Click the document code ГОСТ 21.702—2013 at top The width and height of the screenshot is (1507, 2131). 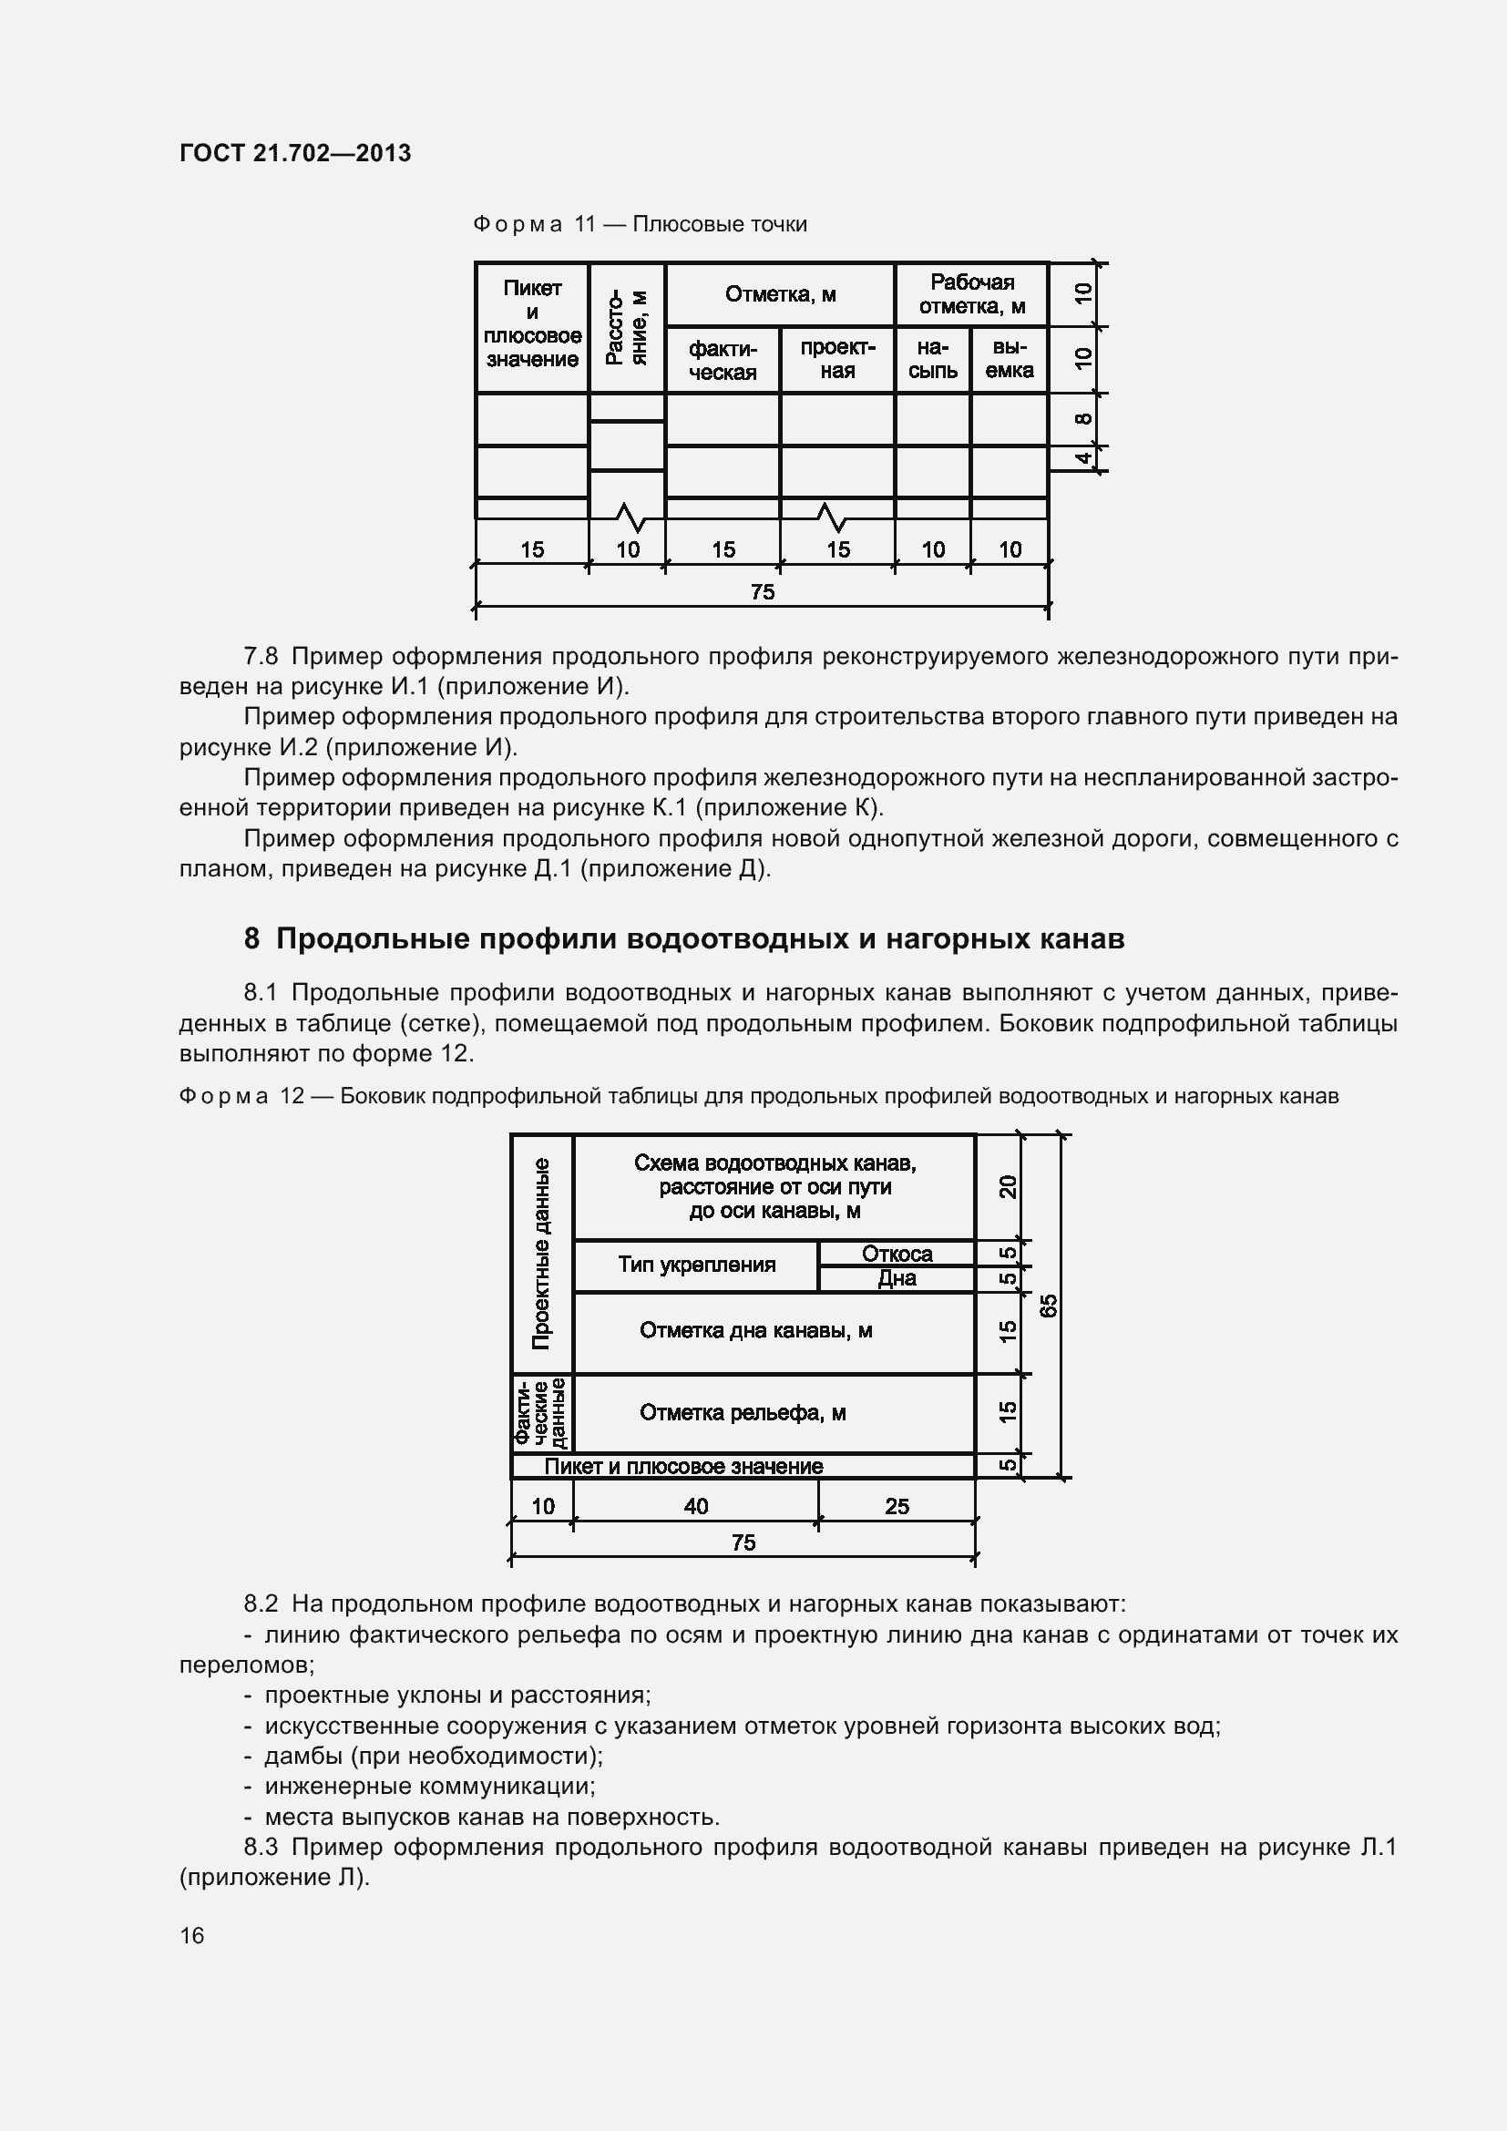[x=295, y=153]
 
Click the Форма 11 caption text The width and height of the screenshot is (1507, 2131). [x=640, y=225]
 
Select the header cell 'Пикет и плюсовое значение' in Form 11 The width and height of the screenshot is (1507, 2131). [x=532, y=324]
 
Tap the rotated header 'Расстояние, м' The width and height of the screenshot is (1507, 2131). [x=626, y=327]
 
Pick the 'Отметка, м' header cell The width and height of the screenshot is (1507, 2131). [x=780, y=295]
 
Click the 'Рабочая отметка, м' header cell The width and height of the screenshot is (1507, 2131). [x=970, y=294]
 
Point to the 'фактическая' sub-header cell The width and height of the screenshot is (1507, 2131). [x=722, y=360]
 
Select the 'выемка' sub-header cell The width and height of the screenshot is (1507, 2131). [x=1009, y=359]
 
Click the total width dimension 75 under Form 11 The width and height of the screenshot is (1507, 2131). [x=762, y=592]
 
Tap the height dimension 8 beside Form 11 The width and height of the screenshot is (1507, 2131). [x=1082, y=418]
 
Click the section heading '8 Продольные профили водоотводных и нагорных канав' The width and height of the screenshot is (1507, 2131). [x=684, y=939]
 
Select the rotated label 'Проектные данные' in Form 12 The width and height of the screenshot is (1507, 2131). [x=542, y=1253]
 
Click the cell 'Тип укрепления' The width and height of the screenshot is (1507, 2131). [x=696, y=1265]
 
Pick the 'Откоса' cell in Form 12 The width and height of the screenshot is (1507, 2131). [x=897, y=1254]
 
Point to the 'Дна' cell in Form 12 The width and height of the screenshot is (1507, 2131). [x=897, y=1279]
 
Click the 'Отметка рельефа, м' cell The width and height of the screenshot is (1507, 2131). [x=743, y=1413]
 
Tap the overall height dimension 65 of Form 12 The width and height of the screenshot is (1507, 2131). [x=1048, y=1305]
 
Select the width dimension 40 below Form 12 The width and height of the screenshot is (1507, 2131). [x=695, y=1506]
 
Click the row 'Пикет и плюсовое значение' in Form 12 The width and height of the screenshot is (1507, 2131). [x=683, y=1467]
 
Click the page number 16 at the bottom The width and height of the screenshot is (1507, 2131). [x=192, y=1935]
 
